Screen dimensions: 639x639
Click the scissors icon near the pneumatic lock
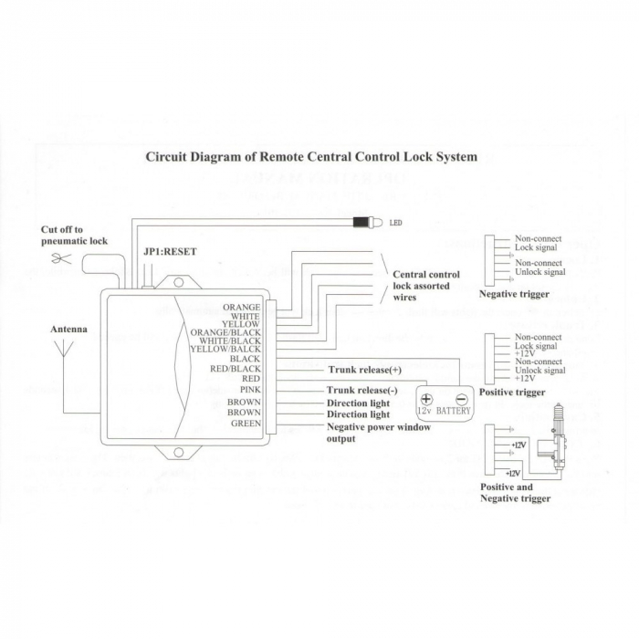pyautogui.click(x=61, y=259)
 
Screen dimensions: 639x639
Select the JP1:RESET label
pyautogui.click(x=170, y=251)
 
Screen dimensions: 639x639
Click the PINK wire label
pyautogui.click(x=249, y=390)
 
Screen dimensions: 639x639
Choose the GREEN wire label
pyautogui.click(x=246, y=424)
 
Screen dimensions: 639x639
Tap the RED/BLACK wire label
pyautogui.click(x=236, y=369)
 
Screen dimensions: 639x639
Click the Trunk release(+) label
pyautogui.click(x=364, y=370)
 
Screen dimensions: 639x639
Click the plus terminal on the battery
pyautogui.click(x=426, y=398)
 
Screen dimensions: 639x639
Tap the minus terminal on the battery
pyautogui.click(x=461, y=398)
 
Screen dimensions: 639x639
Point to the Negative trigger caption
pyautogui.click(x=514, y=294)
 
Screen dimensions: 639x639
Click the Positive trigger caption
pyautogui.click(x=512, y=393)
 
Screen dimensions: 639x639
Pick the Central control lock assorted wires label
pyautogui.click(x=425, y=286)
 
